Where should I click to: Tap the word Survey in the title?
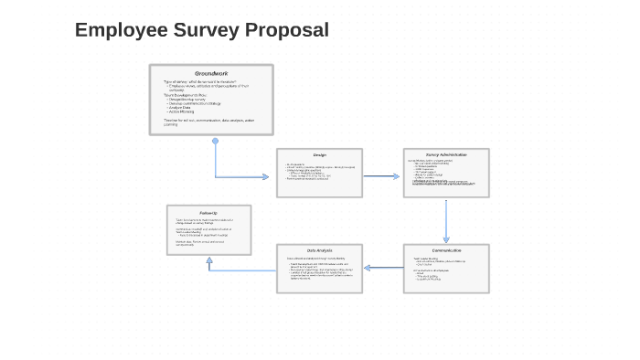pyautogui.click(x=204, y=30)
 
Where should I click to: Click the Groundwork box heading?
pyautogui.click(x=211, y=73)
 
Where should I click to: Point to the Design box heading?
pyautogui.click(x=319, y=154)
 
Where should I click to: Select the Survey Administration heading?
pyautogui.click(x=446, y=154)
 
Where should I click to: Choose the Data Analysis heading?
pyautogui.click(x=319, y=250)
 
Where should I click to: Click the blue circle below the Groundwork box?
pyautogui.click(x=216, y=142)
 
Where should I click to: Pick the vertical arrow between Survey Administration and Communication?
pyautogui.click(x=446, y=220)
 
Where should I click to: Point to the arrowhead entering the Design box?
pyautogui.click(x=272, y=176)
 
